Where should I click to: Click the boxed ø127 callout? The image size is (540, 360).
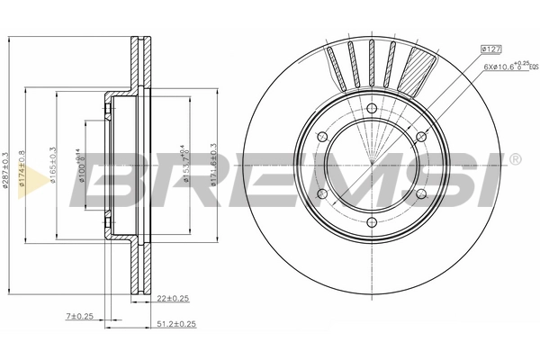click(491, 49)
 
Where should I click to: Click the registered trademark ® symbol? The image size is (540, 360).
click(514, 160)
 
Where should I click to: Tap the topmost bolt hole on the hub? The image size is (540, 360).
click(371, 109)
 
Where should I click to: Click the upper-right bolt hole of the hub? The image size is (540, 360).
click(420, 137)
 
